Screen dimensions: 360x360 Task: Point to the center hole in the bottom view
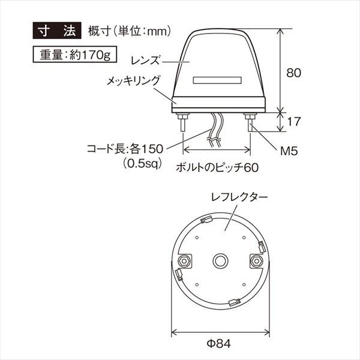(220, 260)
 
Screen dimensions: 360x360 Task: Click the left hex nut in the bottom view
(185, 260)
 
